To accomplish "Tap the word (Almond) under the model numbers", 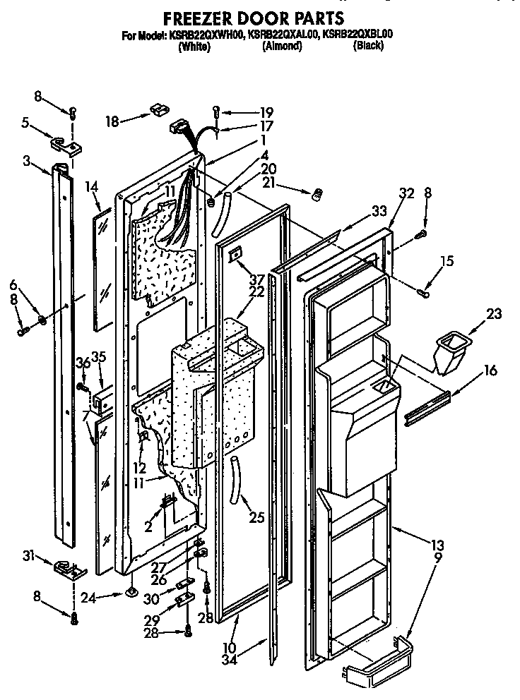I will tap(282, 46).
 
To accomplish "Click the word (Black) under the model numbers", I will tap(368, 46).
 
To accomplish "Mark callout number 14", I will tap(90, 187).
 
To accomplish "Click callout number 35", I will tap(99, 356).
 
